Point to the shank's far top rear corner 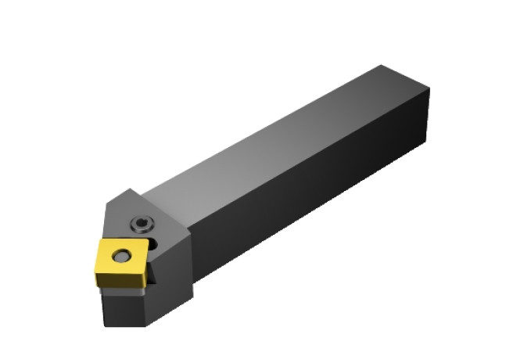[381, 65]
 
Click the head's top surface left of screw [125, 215]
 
